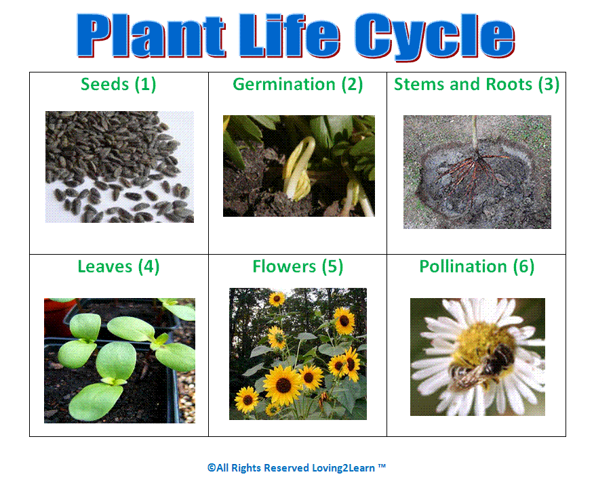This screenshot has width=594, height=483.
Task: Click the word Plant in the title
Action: pos(151,36)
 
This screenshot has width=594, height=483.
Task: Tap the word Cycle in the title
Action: pos(435,37)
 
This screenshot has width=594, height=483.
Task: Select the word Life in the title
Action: pos(290,35)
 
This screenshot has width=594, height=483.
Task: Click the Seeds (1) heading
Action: pos(118,84)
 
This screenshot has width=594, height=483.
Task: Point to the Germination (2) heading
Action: pos(298,84)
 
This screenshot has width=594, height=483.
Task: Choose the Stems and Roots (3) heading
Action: pos(477,84)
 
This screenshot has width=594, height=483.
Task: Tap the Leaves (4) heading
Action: pos(119,266)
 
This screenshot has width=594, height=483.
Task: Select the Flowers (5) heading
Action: pos(298,266)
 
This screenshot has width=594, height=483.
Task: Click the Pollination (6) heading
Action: pos(477,266)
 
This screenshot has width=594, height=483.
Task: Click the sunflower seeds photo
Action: pos(120,167)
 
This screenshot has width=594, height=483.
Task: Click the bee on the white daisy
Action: pos(483,358)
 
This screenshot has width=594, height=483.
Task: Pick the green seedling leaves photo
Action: pos(120,360)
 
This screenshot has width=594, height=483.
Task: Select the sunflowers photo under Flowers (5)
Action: pos(298,354)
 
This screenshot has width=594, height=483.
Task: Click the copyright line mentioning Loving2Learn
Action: pos(296,468)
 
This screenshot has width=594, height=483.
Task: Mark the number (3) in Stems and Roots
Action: pos(549,84)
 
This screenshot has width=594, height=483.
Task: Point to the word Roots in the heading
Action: pos(509,84)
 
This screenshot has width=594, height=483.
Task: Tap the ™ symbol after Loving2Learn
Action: pos(382,465)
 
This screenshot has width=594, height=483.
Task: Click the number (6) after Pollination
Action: pos(523,266)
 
